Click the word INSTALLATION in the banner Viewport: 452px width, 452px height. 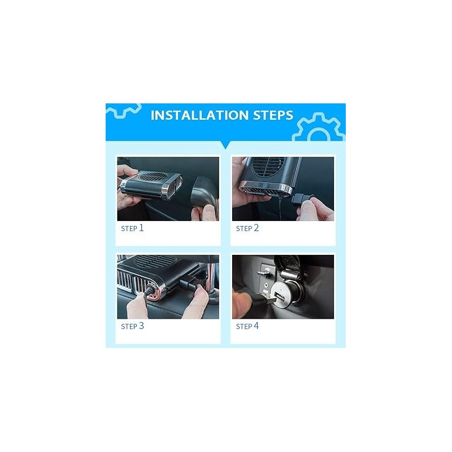click(199, 115)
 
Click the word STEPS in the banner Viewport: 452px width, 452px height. click(273, 115)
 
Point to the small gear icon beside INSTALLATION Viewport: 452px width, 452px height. click(123, 111)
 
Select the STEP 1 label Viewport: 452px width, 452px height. click(132, 228)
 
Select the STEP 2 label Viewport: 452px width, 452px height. click(247, 228)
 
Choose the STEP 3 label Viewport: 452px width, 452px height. click(132, 326)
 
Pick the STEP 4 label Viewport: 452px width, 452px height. click(247, 326)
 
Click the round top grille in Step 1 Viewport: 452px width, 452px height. click(153, 177)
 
